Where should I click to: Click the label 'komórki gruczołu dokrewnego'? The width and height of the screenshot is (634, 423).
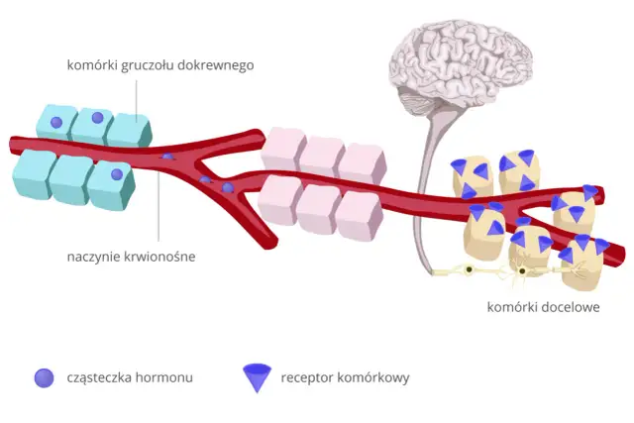coord(160,65)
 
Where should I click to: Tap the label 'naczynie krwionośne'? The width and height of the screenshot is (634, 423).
coord(131,257)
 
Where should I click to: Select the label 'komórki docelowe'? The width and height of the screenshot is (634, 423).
coord(544,307)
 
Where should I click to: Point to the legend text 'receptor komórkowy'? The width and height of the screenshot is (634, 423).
coord(345,376)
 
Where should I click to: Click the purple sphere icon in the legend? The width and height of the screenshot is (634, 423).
coord(44,376)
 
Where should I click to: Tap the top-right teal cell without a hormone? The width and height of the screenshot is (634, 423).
coord(130,129)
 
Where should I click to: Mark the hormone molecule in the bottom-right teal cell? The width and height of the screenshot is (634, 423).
coord(116,175)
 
